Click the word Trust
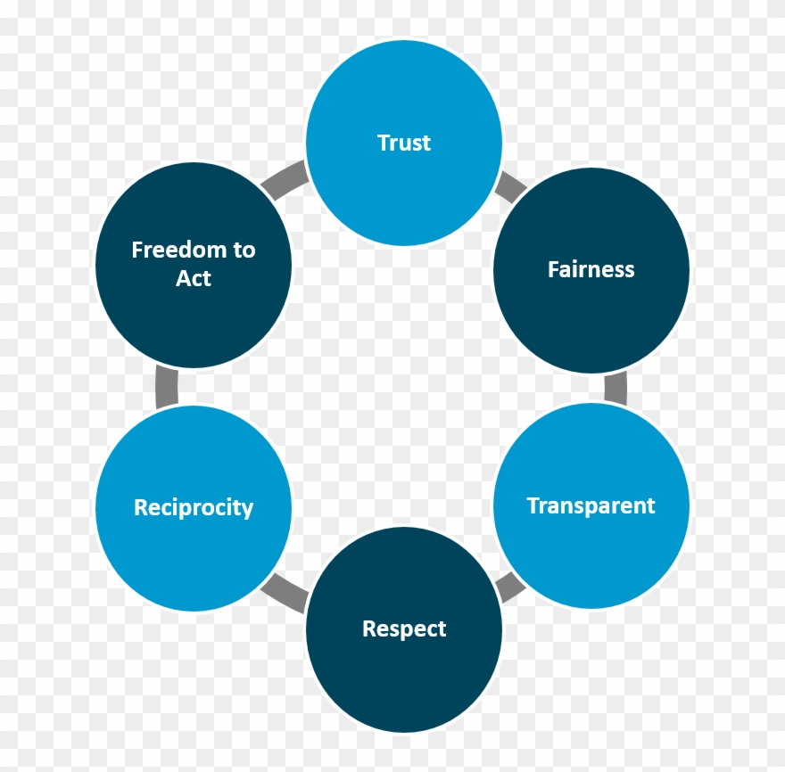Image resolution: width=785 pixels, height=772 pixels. pyautogui.click(x=404, y=143)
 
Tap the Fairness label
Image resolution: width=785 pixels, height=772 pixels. pyautogui.click(x=591, y=269)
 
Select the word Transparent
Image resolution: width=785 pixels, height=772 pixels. pyautogui.click(x=591, y=506)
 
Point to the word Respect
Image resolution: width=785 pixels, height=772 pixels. pyautogui.click(x=404, y=629)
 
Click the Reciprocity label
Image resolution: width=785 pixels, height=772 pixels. pyautogui.click(x=194, y=508)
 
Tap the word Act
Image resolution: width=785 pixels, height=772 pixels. pyautogui.click(x=194, y=279)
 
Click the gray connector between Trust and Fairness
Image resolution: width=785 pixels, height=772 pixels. pyautogui.click(x=510, y=186)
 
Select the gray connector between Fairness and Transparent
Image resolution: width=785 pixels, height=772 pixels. pyautogui.click(x=616, y=388)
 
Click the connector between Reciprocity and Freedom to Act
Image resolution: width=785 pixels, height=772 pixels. pyautogui.click(x=167, y=387)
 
